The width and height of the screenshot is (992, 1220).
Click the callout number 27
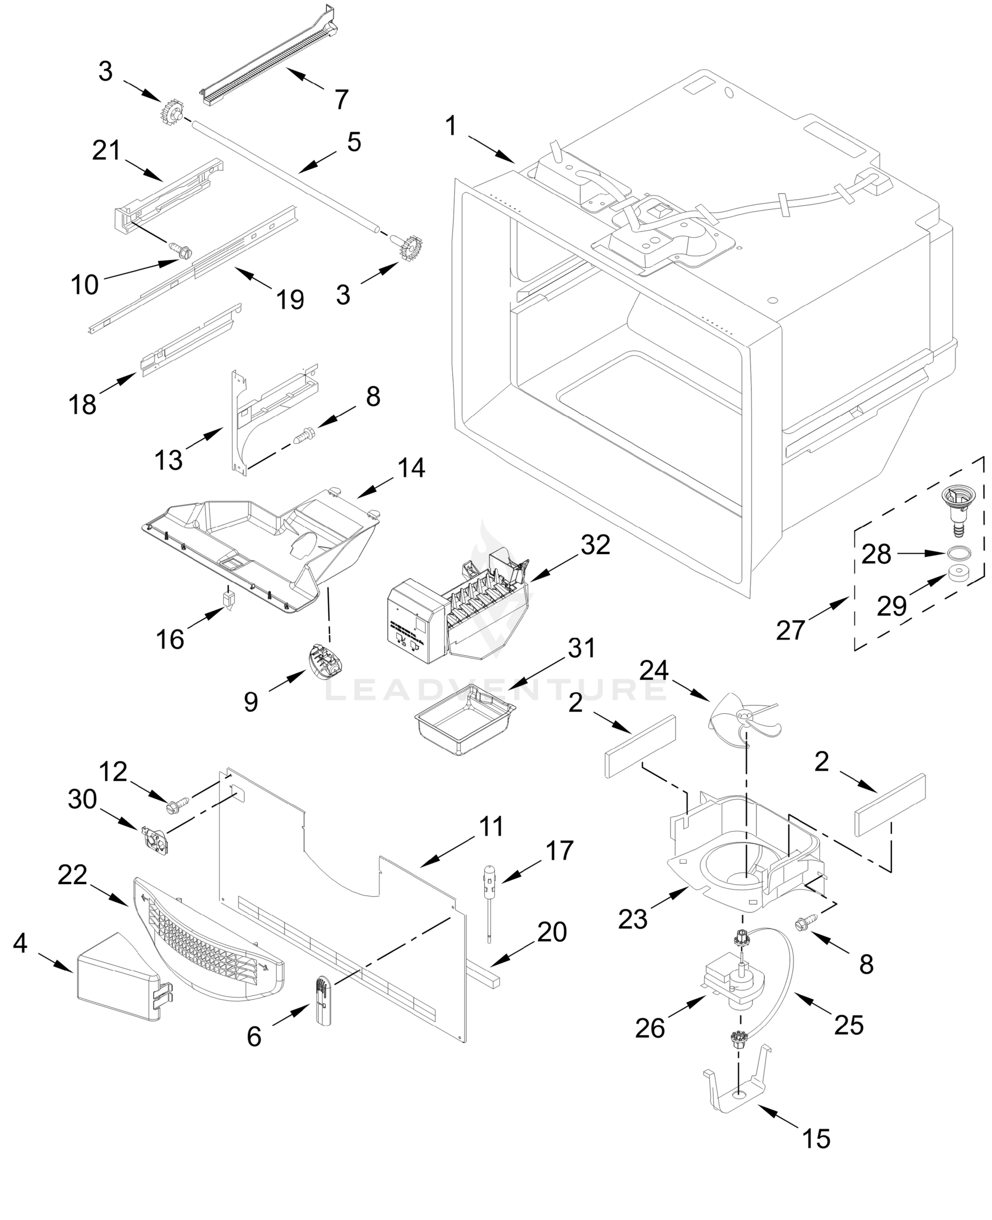click(x=790, y=630)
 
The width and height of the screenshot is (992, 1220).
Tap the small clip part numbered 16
click(x=229, y=601)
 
